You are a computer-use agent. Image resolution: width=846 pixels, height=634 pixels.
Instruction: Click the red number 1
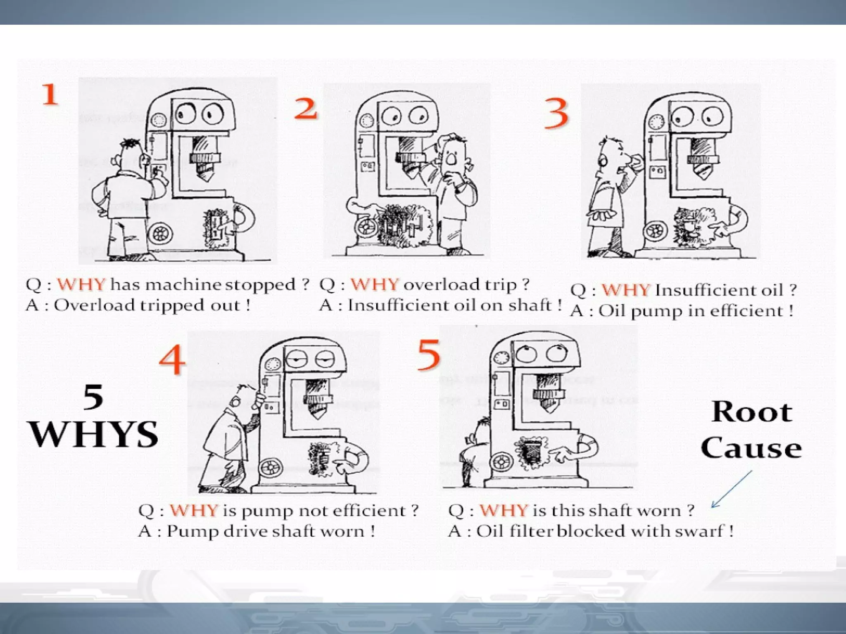coord(50,94)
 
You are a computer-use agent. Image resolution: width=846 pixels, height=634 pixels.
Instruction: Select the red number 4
coord(172,360)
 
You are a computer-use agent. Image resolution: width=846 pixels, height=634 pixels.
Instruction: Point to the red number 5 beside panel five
coord(428,355)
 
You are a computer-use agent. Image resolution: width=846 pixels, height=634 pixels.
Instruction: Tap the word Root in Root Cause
coord(751,412)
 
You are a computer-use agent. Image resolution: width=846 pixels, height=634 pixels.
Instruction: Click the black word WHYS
coord(94,434)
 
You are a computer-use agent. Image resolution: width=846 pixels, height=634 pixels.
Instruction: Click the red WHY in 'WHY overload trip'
coord(374,284)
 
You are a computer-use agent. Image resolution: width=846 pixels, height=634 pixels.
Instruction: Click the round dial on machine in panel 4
coord(272,364)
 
